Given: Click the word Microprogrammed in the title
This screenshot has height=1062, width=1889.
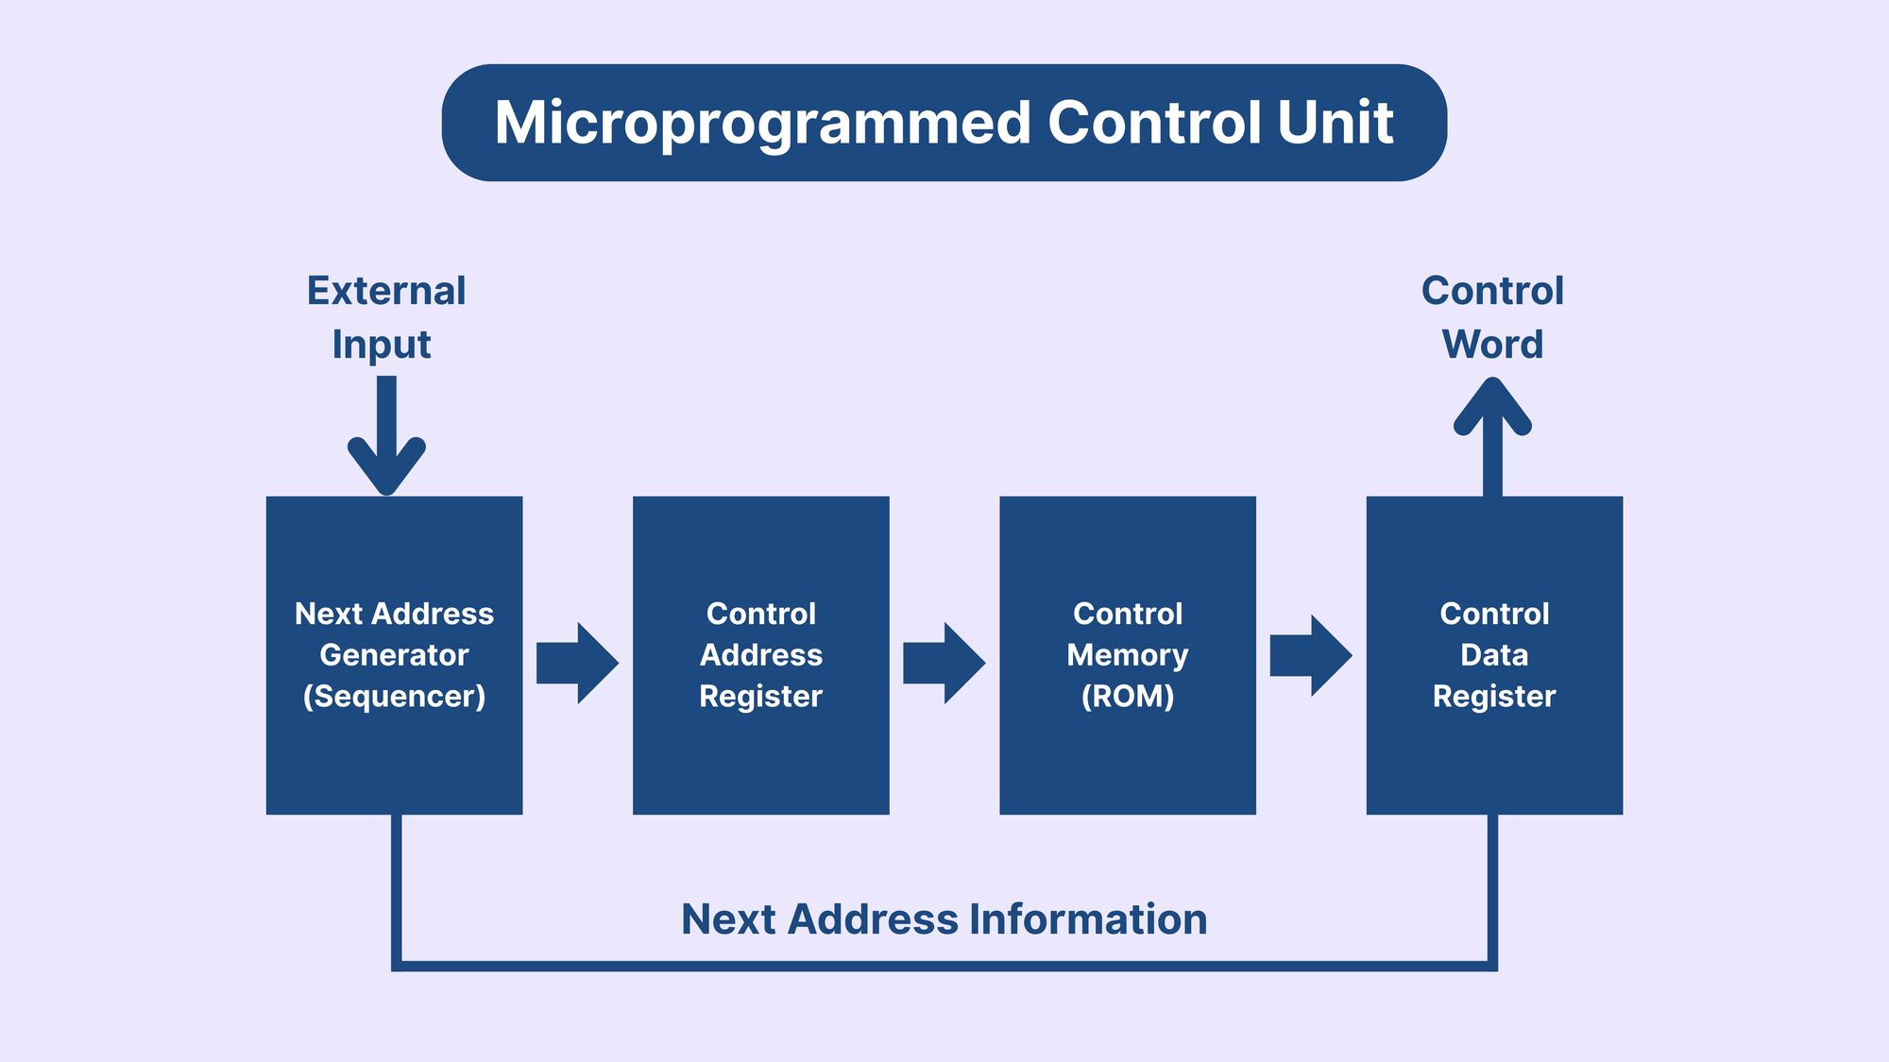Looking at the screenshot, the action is pos(762,125).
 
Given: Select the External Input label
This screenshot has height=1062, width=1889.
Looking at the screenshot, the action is pos(386,318).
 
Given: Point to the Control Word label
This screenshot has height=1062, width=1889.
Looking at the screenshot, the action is pos(1492,317).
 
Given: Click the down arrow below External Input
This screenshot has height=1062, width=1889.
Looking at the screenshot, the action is pos(386,435).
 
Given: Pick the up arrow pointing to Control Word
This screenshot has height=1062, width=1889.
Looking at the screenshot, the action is pos(1492,437).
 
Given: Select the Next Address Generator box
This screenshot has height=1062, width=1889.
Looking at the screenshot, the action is pos(394,655).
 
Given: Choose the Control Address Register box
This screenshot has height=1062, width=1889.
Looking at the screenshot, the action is pos(761,655).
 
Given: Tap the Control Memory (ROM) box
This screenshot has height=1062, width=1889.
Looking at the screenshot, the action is pos(1128,655).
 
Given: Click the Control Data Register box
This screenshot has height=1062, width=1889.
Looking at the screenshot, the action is pos(1494,655).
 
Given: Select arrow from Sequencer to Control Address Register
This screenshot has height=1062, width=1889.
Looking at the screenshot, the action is pos(577,663).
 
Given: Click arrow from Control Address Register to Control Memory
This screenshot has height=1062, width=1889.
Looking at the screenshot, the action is pos(944,663).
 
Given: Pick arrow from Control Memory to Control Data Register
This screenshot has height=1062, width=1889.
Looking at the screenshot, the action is pos(1311,656).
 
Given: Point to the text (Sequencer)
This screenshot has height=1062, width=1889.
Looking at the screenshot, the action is pos(394,697).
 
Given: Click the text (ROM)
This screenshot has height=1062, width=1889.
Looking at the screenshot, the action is pos(1128,697).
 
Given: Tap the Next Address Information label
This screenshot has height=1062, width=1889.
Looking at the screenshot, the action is pos(944,919).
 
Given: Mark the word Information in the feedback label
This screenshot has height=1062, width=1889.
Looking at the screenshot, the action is pos(1089,919).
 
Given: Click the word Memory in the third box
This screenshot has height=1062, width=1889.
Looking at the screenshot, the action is pos(1128,655).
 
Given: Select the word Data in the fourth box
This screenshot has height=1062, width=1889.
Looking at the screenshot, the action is pos(1494,654).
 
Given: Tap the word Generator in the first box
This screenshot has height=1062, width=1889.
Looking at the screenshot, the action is pos(394,654).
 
